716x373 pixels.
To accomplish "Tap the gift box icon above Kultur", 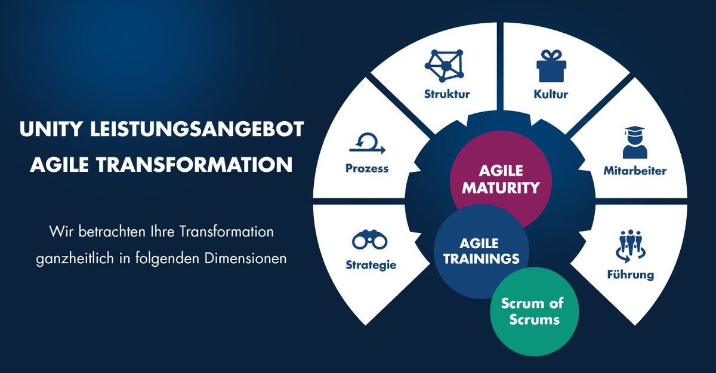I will (551, 66).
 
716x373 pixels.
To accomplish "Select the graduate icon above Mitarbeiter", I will (634, 142).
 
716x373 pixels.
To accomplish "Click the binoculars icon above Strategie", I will (370, 241).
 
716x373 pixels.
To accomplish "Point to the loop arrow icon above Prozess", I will (367, 143).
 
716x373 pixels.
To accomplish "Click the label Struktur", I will (447, 94).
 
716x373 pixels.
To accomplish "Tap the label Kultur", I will (551, 94).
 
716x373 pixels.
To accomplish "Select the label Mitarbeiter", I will (635, 171).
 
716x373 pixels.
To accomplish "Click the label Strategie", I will (371, 265).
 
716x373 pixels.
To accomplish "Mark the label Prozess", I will (367, 168).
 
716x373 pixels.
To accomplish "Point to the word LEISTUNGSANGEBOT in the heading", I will (191, 130).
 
